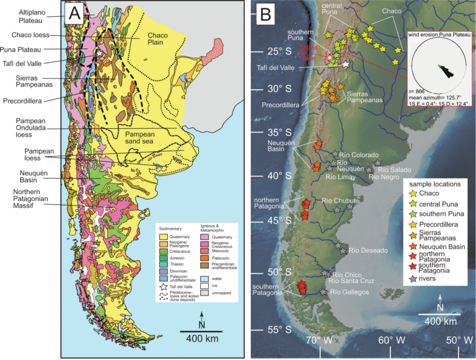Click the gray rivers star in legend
(410, 279)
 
